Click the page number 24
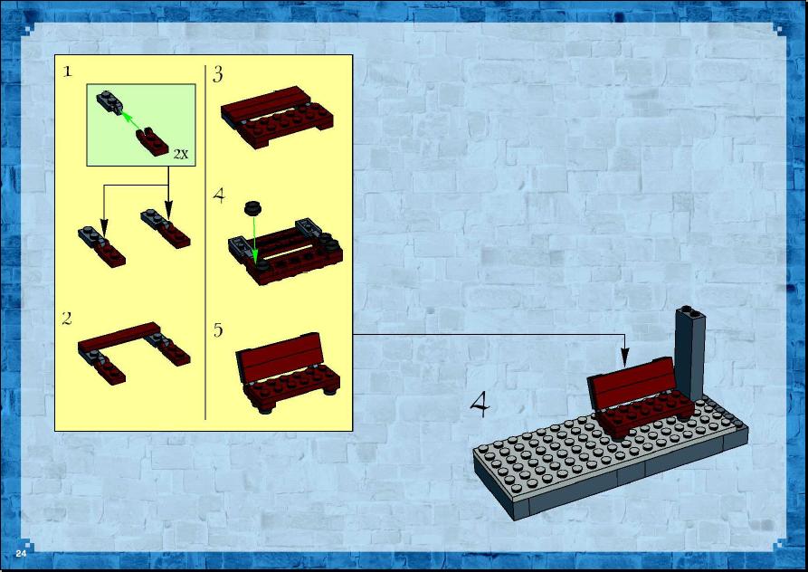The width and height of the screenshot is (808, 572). pos(21,554)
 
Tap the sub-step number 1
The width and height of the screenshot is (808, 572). pos(67,71)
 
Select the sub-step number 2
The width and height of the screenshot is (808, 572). pos(67,319)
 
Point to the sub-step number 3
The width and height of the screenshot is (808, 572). pos(218,75)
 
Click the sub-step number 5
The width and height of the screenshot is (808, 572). pos(218,329)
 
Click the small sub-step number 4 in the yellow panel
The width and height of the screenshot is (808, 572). pos(219,195)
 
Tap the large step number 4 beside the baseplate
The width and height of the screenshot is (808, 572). pos(480,404)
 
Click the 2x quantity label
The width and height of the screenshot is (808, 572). pos(181,154)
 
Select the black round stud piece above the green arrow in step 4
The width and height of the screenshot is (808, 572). pos(252,207)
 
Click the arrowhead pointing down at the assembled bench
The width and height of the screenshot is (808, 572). pos(624,357)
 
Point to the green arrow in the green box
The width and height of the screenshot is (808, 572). pos(131,121)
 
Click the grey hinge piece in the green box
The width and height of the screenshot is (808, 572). pos(109,101)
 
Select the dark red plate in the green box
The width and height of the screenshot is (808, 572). pos(152,142)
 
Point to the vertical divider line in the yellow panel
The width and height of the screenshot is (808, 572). pos(205,243)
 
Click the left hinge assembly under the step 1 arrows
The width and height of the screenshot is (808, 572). pos(102,246)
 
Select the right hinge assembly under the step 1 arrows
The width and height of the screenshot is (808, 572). pos(166,228)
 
